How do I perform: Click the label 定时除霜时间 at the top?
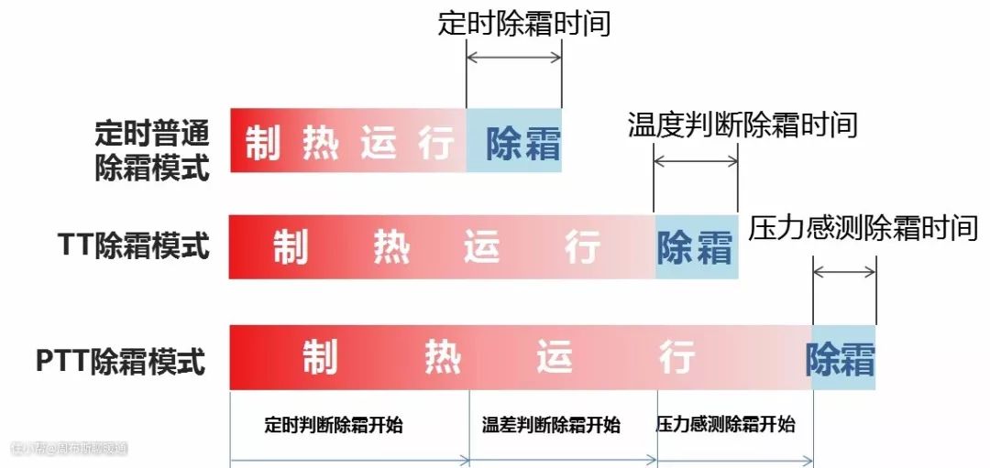click(524, 23)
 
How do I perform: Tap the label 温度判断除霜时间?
click(742, 124)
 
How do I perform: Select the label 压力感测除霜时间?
click(863, 227)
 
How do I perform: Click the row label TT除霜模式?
click(134, 245)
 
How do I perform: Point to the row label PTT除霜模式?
click(121, 360)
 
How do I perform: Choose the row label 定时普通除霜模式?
click(152, 150)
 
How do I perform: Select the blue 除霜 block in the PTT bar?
click(841, 359)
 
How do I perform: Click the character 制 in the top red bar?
click(262, 143)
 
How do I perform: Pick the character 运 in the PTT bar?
click(555, 358)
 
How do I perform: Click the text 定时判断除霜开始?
click(334, 425)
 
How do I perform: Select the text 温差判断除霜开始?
click(551, 425)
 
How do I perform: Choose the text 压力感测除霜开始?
click(725, 425)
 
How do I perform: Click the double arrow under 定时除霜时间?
click(513, 57)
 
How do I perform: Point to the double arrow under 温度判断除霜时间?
click(695, 161)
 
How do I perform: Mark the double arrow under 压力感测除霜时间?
click(844, 271)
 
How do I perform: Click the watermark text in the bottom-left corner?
click(69, 449)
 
